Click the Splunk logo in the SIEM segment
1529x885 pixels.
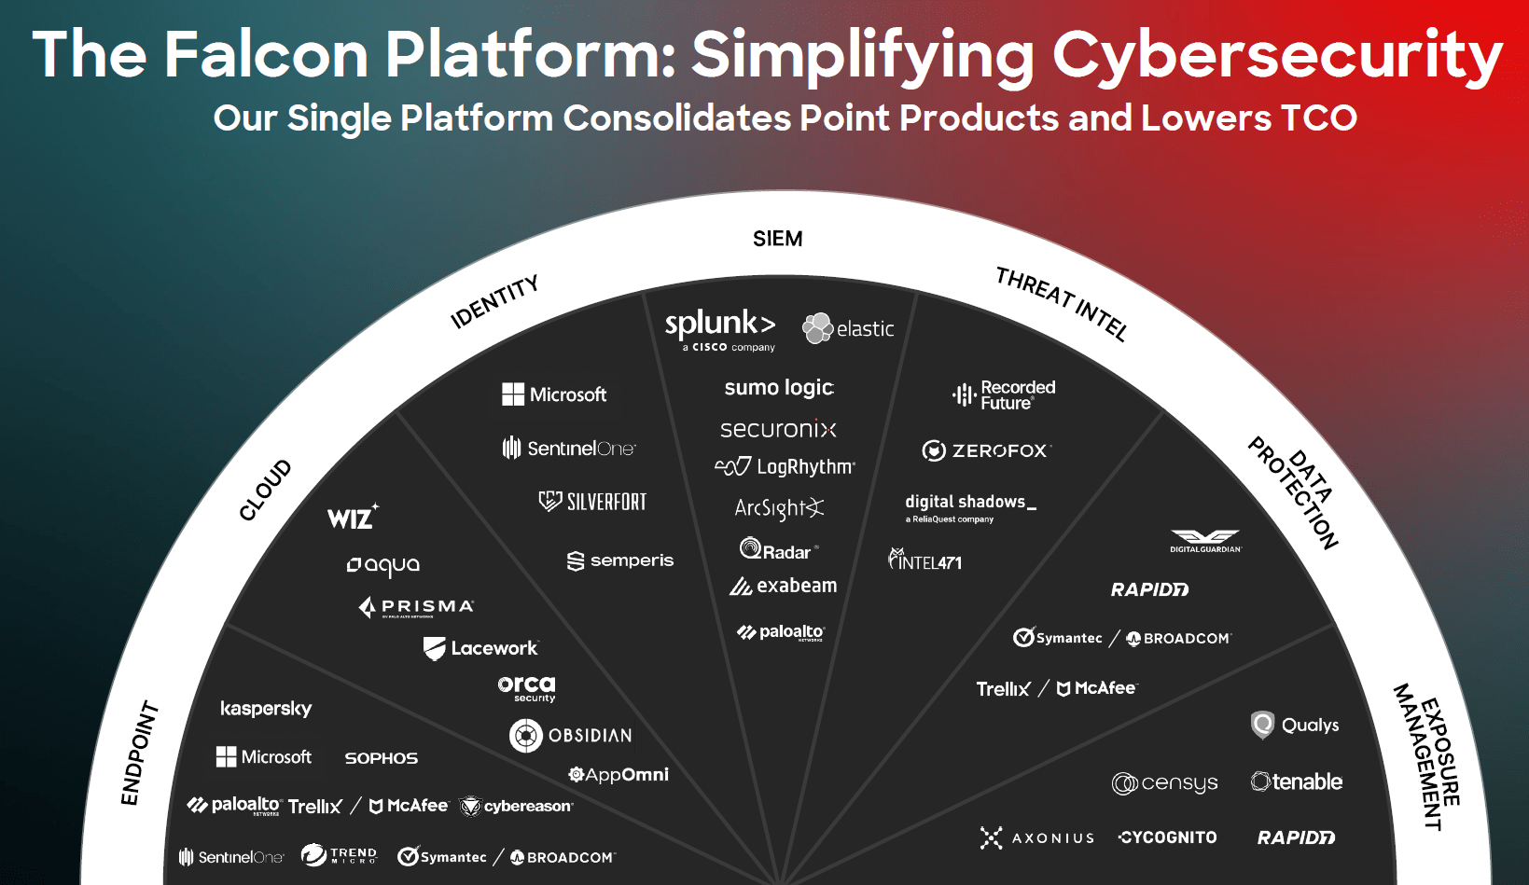click(720, 328)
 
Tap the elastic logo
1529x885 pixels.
click(848, 328)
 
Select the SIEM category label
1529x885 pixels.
click(777, 239)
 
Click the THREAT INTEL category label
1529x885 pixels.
click(1062, 304)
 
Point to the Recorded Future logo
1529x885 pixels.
click(1004, 394)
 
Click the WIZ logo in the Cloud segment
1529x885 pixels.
click(353, 518)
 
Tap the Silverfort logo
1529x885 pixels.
click(593, 502)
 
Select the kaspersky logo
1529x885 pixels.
click(266, 709)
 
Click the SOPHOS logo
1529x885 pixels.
click(381, 758)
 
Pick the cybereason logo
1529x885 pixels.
click(517, 806)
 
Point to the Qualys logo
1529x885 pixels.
click(1295, 725)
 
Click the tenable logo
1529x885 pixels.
click(1297, 781)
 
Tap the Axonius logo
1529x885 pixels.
click(1036, 837)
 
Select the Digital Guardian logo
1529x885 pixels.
click(1205, 541)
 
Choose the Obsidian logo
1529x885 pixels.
click(571, 736)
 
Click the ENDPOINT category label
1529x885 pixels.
click(139, 752)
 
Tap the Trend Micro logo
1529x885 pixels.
click(339, 855)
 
